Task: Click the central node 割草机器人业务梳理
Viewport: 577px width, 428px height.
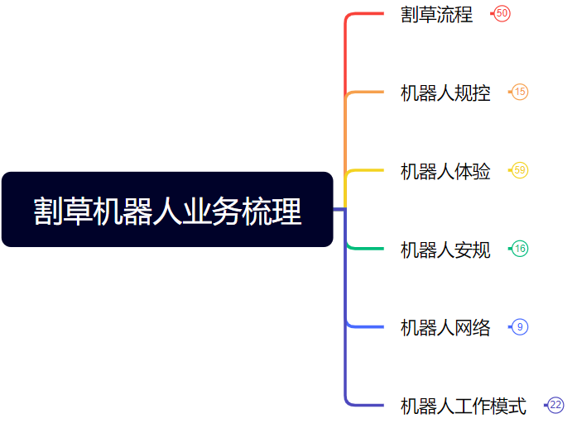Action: (167, 210)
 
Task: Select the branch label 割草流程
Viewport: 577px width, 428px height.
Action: (436, 14)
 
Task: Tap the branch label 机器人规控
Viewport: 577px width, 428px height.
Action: (445, 93)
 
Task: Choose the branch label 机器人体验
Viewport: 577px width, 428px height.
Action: (445, 171)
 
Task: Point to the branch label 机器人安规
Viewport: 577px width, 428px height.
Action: (445, 249)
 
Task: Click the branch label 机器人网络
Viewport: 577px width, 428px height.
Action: (445, 327)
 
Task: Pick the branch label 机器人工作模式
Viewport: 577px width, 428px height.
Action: (463, 406)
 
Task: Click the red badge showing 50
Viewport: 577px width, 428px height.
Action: (502, 13)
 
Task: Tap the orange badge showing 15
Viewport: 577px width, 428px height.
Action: (520, 92)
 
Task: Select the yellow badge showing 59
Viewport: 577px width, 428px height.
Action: (520, 170)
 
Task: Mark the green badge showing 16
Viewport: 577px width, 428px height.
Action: (520, 249)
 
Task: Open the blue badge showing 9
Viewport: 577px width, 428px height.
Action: (520, 327)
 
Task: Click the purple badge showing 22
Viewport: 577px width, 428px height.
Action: (555, 405)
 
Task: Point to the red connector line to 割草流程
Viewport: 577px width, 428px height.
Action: (364, 14)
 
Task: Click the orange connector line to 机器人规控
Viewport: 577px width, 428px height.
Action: (364, 92)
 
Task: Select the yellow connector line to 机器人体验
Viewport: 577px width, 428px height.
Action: (364, 170)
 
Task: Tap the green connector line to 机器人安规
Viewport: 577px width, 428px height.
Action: (364, 248)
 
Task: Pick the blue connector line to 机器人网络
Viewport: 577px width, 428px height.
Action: (364, 327)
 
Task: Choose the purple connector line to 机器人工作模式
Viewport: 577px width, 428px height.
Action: (364, 405)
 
